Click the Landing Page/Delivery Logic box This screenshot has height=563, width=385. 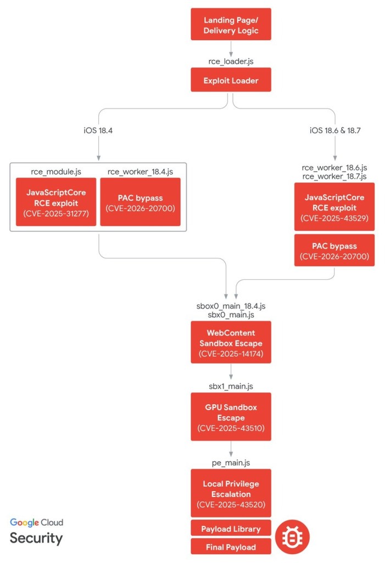coord(231,24)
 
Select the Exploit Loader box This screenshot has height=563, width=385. coord(231,80)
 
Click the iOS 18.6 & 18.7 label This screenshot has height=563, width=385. coord(334,130)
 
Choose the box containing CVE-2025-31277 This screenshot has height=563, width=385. coord(55,203)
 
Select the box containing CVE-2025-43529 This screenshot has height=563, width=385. coord(334,207)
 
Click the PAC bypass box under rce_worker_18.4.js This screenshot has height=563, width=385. coord(140,203)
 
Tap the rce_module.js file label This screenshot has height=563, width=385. coord(55,172)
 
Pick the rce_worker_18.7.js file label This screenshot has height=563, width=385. coord(334,176)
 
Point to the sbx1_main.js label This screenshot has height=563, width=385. coord(231,385)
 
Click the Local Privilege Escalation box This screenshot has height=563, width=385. coord(231,493)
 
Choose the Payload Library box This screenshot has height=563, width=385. coord(231,529)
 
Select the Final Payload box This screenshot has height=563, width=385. coord(231,547)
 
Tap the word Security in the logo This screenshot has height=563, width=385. coord(36,538)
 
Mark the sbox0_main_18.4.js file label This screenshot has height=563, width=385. coord(231,305)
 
